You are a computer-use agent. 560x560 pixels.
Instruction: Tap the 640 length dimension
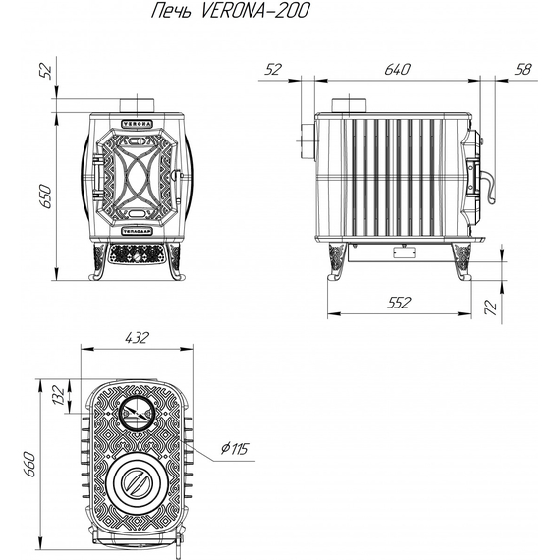(x=398, y=70)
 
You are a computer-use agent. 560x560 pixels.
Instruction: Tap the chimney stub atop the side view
(x=348, y=105)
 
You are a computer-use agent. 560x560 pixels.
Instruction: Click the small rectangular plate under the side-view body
(x=403, y=252)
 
